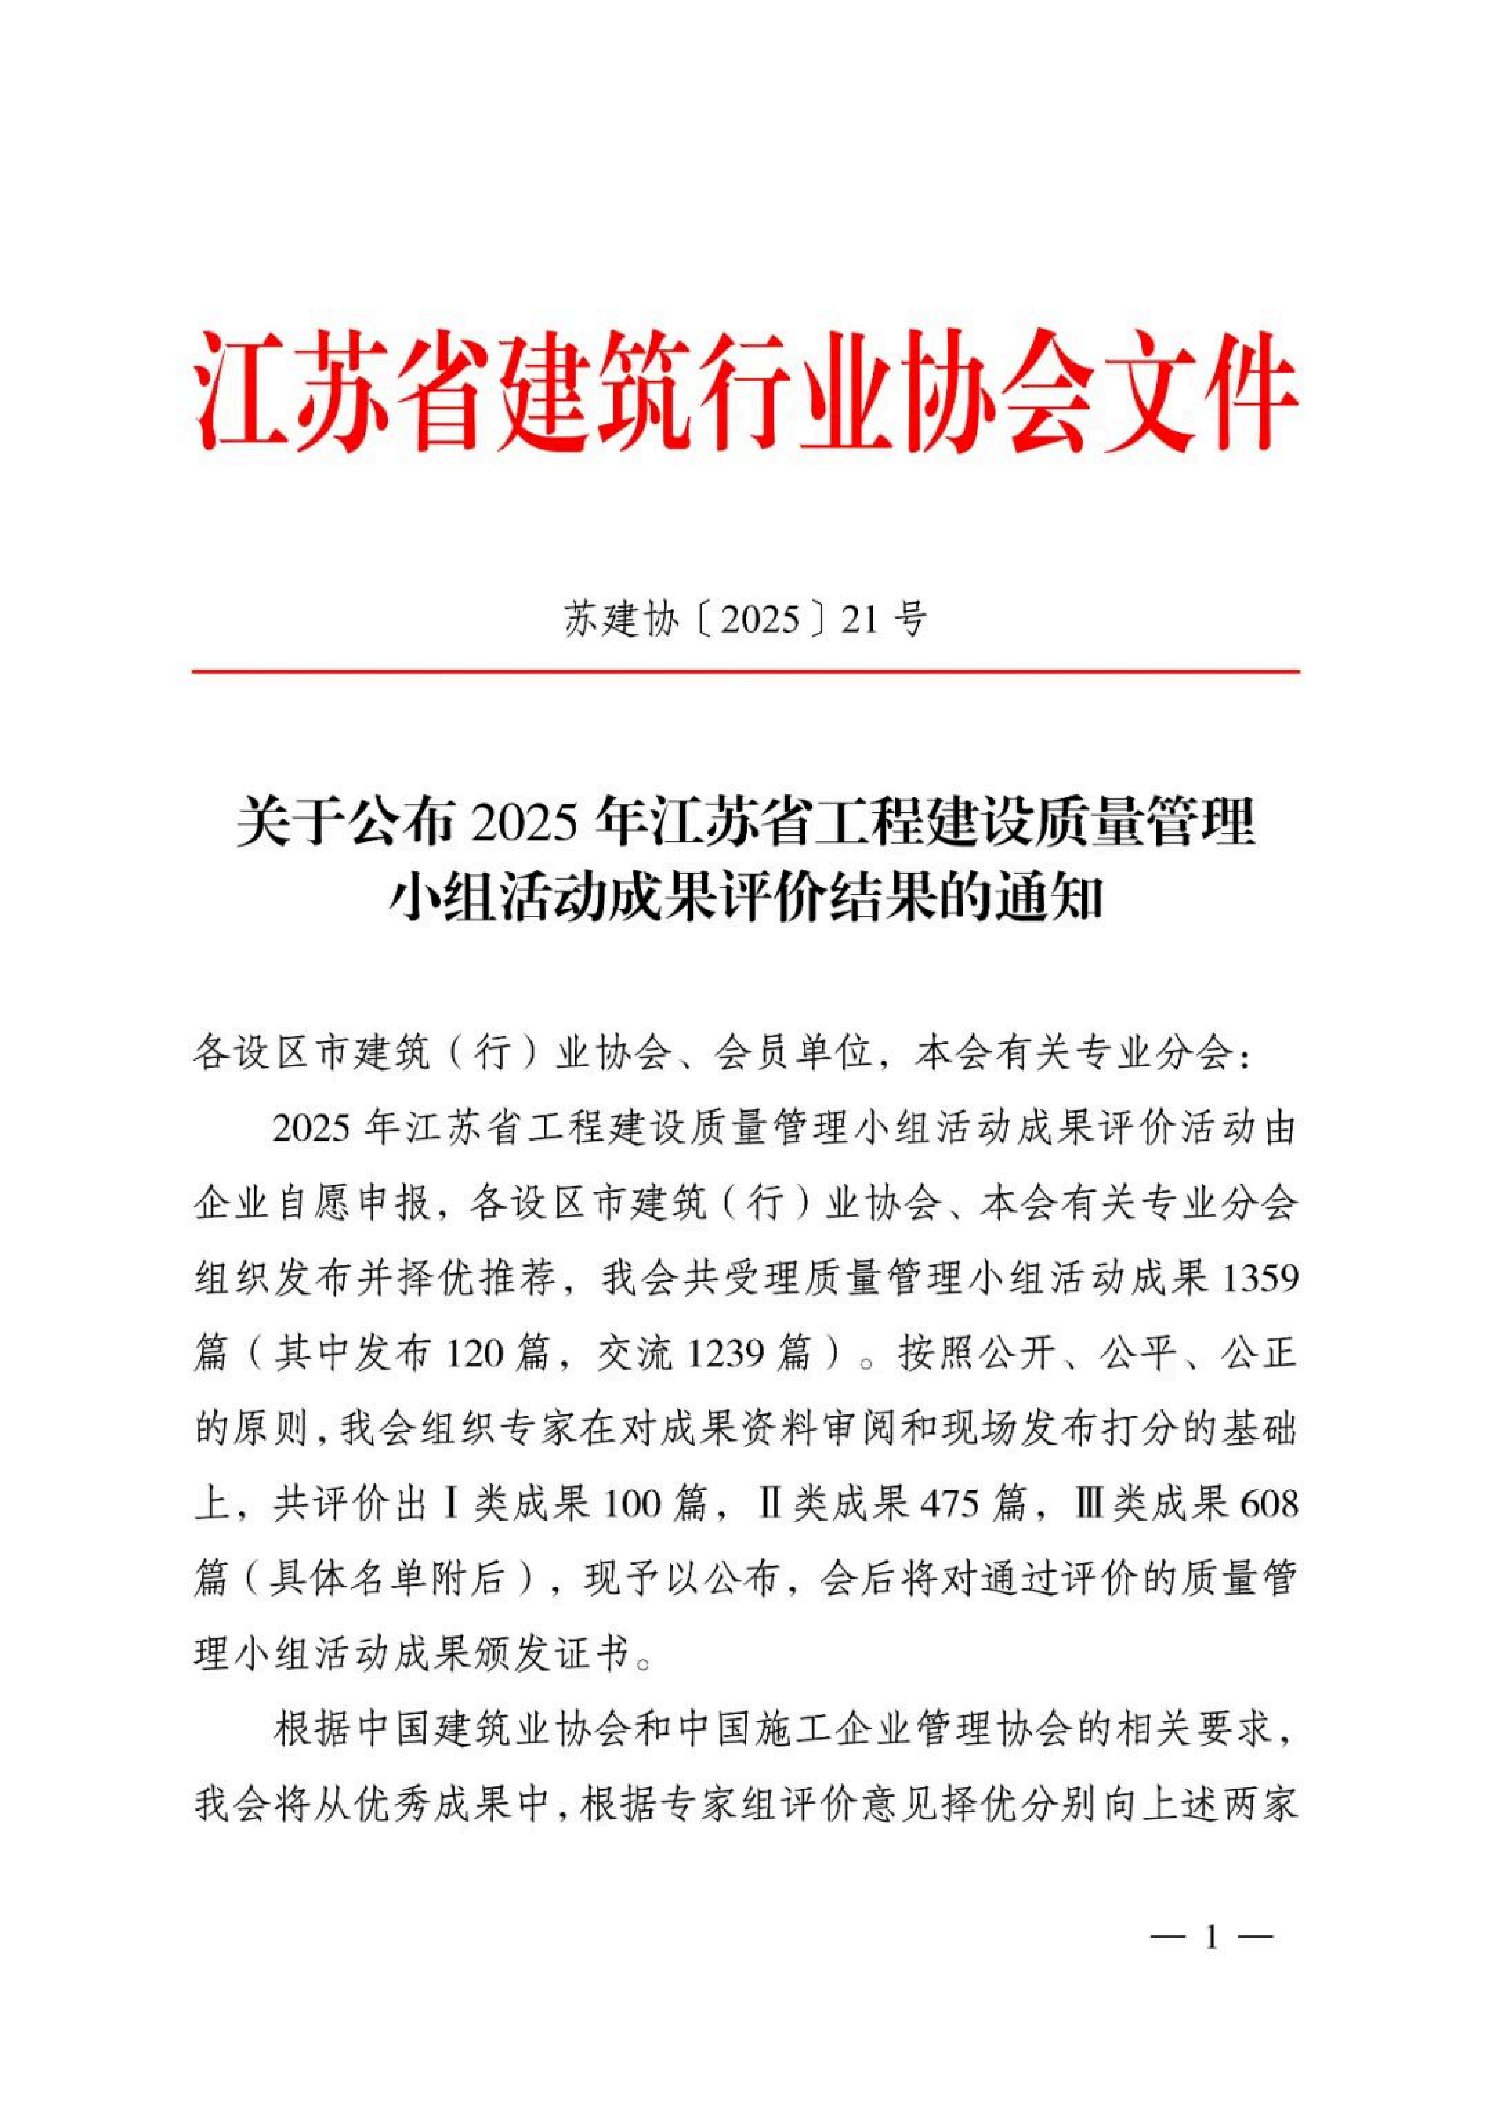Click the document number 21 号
pos(885,622)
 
